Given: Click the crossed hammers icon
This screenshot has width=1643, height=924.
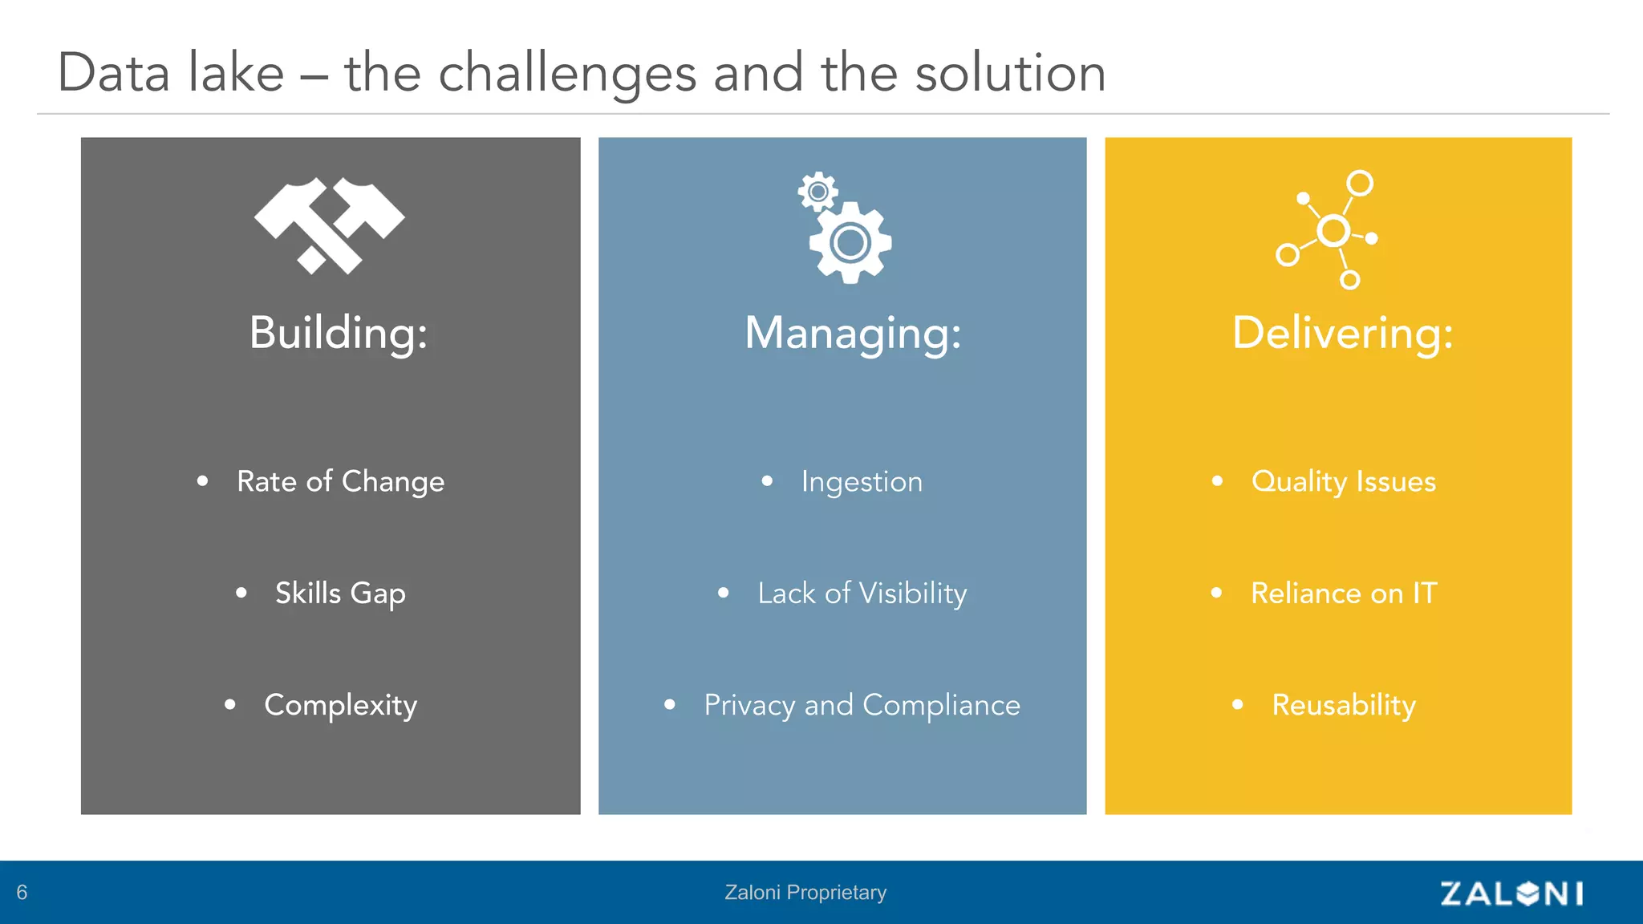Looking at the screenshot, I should click(330, 225).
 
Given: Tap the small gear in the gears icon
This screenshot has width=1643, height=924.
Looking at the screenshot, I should click(817, 192).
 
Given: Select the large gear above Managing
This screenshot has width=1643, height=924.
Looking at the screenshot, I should click(850, 242).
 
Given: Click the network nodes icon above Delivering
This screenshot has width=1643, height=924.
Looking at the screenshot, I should click(1328, 230).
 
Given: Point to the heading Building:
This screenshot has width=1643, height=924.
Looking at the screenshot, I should click(339, 333).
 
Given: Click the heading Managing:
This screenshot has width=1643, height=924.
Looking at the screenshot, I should click(853, 333).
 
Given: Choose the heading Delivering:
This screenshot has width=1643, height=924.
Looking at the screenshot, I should click(1342, 333).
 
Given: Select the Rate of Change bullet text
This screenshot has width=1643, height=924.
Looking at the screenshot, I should click(340, 481).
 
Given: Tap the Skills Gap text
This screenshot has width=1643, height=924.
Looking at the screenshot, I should click(340, 594).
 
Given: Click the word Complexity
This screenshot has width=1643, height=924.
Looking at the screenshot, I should click(340, 705).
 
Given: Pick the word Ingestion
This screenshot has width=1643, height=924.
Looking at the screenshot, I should click(862, 481).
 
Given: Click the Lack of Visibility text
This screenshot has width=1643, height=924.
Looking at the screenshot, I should click(862, 594).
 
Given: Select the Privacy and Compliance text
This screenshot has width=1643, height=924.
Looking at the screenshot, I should click(862, 705).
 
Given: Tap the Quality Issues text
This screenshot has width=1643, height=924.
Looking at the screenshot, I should click(1343, 481).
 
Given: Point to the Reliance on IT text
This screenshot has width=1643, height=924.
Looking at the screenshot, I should click(1343, 594).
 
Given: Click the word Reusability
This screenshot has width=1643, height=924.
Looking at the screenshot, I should click(1343, 705).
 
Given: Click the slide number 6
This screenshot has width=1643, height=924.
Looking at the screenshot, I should click(22, 893).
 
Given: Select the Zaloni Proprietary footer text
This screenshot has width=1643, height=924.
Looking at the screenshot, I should click(805, 893).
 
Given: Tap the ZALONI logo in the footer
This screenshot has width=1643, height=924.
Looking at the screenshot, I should click(1511, 893).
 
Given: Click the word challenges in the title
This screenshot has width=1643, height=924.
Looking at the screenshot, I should click(567, 74).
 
